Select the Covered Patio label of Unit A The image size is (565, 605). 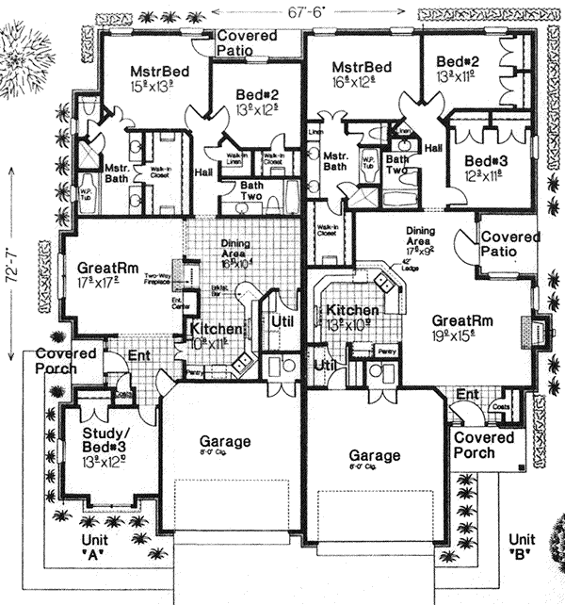[247, 41]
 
